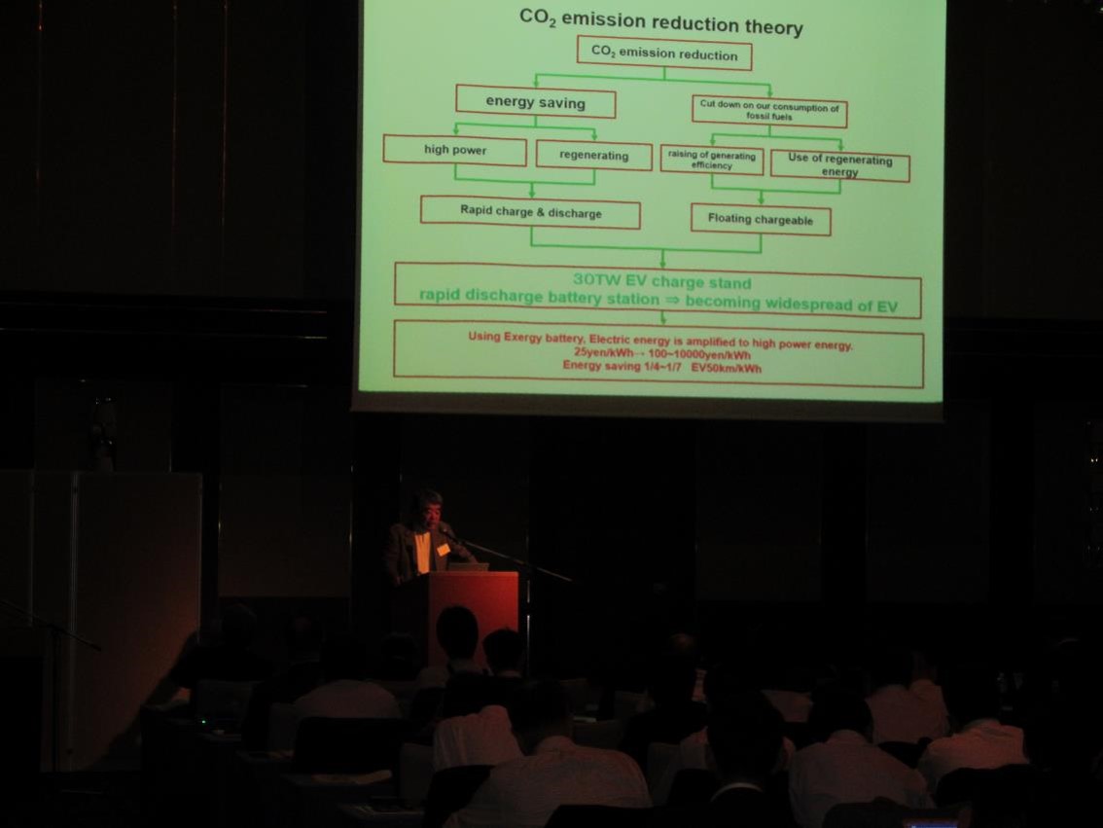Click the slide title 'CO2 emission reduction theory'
[660, 21]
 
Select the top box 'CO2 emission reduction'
[664, 54]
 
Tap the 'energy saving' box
[535, 102]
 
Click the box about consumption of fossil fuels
[769, 111]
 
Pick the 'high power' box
[454, 150]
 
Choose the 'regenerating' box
[593, 155]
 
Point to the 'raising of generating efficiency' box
[712, 160]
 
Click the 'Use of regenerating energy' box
[840, 165]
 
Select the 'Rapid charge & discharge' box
[530, 212]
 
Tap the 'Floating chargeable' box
[761, 220]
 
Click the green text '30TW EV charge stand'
[662, 282]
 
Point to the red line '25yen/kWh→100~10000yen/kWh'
[662, 354]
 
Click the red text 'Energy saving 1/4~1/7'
[622, 366]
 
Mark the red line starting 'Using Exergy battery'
[659, 342]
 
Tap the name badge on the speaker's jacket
[443, 548]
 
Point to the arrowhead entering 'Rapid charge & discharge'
[532, 192]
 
